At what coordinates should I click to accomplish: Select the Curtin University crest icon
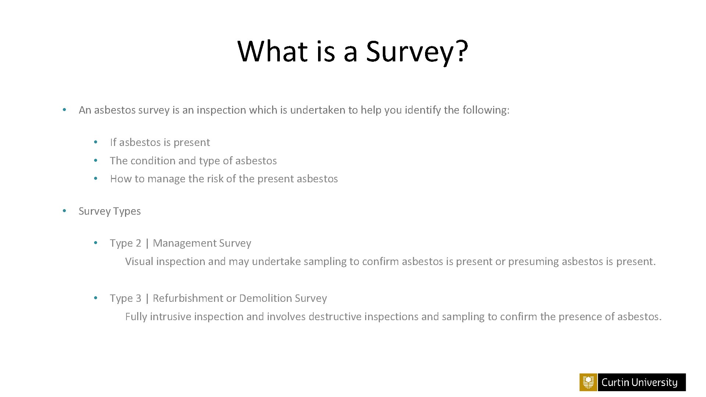588,382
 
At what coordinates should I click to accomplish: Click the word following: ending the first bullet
486,110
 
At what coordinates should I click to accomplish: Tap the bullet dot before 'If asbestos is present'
95,142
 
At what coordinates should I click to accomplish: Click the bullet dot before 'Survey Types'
64,211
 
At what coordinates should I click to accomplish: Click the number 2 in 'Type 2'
138,243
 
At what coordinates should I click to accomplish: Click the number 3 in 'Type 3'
138,298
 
